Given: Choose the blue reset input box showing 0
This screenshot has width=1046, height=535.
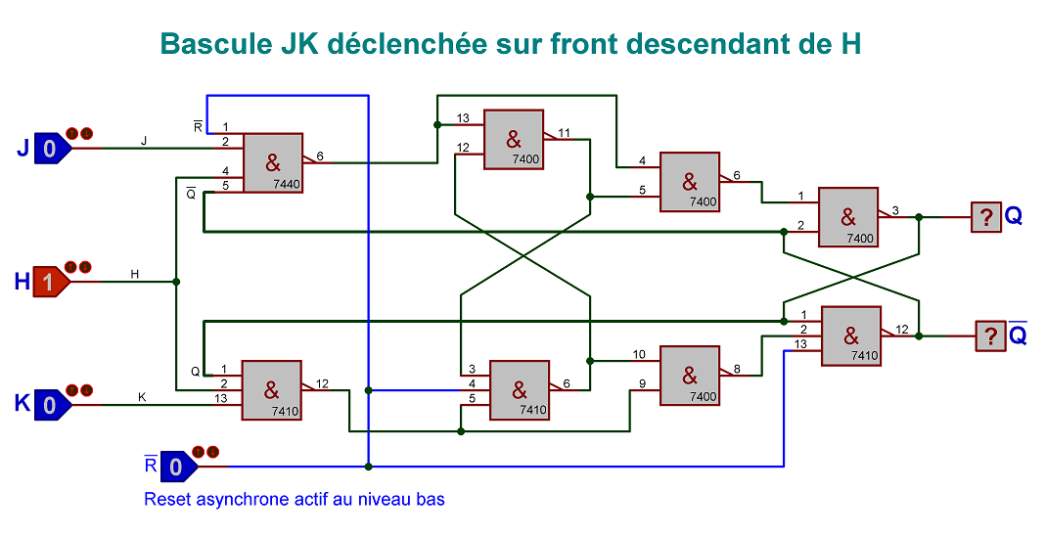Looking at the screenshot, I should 176,467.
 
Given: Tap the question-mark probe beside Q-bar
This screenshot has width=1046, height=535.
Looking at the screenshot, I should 990,336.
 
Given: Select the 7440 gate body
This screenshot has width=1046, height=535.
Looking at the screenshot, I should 272,161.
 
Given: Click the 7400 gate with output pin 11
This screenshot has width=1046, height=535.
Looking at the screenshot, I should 513,139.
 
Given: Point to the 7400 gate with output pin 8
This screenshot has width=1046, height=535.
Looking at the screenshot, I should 689,375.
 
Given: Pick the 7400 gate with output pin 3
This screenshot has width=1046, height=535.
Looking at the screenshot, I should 847,216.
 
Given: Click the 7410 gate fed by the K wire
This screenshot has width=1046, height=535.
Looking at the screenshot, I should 271,389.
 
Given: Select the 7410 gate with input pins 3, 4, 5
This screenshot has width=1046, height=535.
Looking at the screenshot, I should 519,389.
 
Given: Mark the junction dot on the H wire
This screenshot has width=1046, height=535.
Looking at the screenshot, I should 176,282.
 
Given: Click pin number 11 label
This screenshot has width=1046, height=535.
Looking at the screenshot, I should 565,132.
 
